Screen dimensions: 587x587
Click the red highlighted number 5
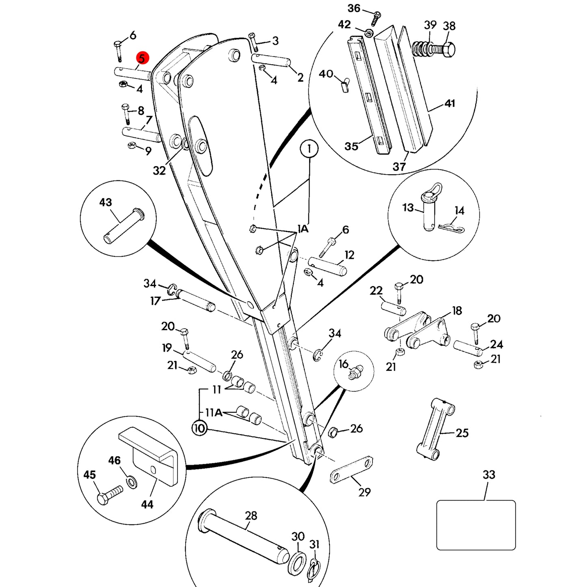[x=142, y=58]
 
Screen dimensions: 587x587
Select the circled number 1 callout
[x=309, y=149]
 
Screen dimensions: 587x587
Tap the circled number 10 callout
[x=199, y=428]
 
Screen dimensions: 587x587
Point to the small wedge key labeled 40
[x=345, y=85]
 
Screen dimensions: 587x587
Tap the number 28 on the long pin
[x=251, y=516]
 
